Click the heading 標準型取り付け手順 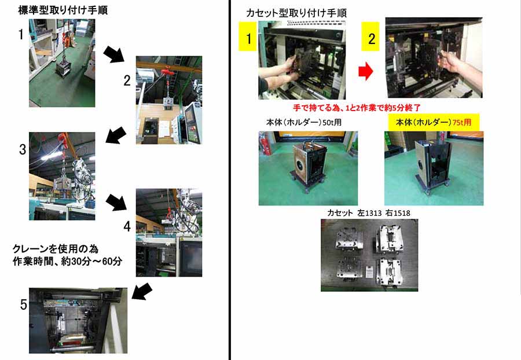pyautogui.click(x=63, y=10)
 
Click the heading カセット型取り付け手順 pyautogui.click(x=296, y=13)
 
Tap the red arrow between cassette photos pyautogui.click(x=365, y=71)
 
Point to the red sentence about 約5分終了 pyautogui.click(x=357, y=108)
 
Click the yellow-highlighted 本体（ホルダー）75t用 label pyautogui.click(x=434, y=122)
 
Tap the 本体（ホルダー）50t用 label pyautogui.click(x=304, y=122)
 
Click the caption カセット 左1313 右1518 pyautogui.click(x=369, y=213)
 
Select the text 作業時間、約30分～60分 pyautogui.click(x=67, y=262)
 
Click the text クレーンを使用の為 pyautogui.click(x=55, y=249)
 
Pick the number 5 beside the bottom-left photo pyautogui.click(x=23, y=304)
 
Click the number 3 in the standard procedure pyautogui.click(x=22, y=149)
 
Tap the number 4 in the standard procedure pyautogui.click(x=127, y=226)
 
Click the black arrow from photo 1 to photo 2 pyautogui.click(x=114, y=54)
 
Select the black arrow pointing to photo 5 pyautogui.click(x=142, y=291)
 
